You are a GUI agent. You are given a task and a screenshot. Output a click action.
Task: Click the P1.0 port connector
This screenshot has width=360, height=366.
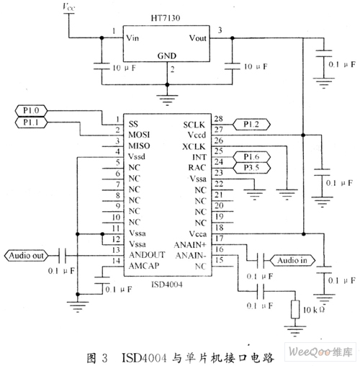(31, 111)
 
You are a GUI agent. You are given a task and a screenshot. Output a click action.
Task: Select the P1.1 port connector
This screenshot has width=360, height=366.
(31, 122)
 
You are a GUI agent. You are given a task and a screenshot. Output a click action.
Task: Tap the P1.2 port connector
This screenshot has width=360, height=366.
(252, 125)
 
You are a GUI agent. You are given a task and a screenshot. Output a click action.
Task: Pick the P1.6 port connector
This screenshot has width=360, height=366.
(252, 157)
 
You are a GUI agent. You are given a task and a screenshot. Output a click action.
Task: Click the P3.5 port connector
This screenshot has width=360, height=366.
(252, 168)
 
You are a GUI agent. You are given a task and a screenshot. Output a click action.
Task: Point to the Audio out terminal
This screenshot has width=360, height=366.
(26, 256)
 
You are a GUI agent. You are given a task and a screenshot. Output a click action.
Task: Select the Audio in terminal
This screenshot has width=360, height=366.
(292, 260)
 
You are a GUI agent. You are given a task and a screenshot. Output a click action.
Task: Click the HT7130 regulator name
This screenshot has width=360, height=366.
(166, 18)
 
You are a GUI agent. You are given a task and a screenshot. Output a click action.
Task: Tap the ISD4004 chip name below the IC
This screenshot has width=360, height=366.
(167, 285)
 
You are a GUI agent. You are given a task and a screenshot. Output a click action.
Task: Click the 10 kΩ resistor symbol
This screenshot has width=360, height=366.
(295, 309)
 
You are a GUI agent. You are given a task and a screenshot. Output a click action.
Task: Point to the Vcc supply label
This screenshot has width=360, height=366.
(69, 7)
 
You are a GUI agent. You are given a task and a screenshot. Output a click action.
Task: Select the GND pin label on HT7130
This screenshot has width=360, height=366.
(167, 56)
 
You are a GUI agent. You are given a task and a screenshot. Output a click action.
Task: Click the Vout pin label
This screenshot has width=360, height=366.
(197, 38)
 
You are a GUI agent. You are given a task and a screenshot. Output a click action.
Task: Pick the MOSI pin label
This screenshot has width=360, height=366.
(139, 135)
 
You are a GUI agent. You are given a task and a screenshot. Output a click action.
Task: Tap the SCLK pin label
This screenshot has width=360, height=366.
(194, 125)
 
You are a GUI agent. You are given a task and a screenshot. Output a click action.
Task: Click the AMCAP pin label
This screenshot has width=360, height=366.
(144, 266)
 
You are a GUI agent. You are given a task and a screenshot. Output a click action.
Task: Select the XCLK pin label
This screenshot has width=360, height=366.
(194, 147)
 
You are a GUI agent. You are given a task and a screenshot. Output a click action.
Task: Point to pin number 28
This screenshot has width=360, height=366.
(218, 119)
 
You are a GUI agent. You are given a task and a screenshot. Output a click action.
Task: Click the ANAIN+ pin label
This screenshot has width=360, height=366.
(190, 245)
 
